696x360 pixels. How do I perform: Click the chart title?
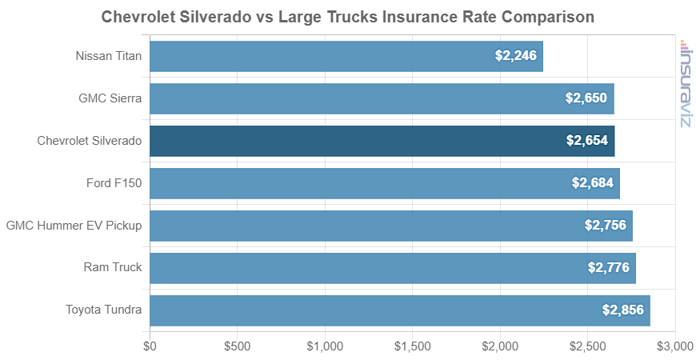click(x=348, y=16)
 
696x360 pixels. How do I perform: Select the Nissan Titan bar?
click(x=346, y=56)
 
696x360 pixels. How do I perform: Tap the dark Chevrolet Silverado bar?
click(x=381, y=141)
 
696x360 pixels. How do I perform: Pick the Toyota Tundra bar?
click(x=399, y=310)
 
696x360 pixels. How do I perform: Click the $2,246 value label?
click(x=515, y=56)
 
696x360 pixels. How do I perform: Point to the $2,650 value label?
click(x=586, y=98)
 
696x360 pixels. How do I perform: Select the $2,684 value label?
click(x=592, y=183)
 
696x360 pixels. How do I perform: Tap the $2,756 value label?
click(x=605, y=226)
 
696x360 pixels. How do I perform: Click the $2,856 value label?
click(x=622, y=310)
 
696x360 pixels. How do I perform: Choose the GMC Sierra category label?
click(x=110, y=98)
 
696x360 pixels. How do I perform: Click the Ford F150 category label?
click(x=114, y=183)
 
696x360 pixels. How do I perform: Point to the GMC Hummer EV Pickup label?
click(x=74, y=226)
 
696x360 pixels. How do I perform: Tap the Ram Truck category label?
click(x=113, y=268)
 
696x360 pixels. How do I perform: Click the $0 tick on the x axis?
click(x=150, y=346)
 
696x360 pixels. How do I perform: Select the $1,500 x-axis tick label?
click(x=412, y=346)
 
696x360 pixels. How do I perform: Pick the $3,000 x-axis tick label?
click(x=674, y=346)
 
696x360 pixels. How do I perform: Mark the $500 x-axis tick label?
click(x=237, y=346)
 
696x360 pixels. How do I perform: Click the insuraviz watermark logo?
click(x=685, y=83)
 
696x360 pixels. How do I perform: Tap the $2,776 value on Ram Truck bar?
click(x=608, y=268)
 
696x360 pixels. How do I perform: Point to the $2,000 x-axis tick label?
click(x=499, y=346)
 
